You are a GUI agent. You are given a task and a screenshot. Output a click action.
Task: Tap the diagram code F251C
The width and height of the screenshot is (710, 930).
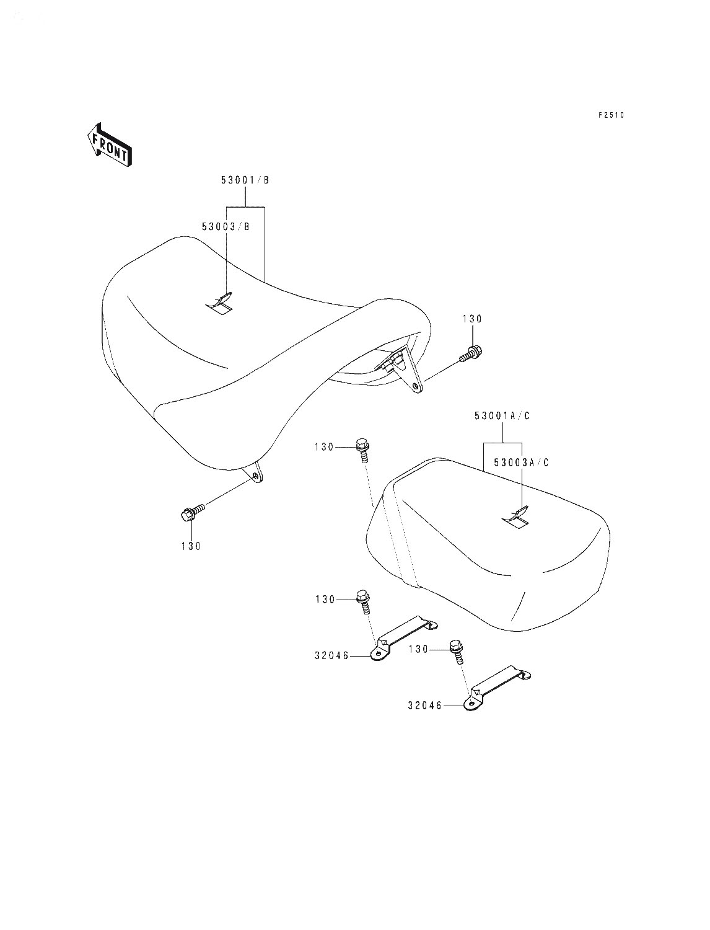coord(611,115)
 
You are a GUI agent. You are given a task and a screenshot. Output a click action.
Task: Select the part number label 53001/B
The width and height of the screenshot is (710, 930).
coord(245,180)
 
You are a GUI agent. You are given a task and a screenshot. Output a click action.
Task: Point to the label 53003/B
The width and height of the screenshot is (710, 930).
coord(226,227)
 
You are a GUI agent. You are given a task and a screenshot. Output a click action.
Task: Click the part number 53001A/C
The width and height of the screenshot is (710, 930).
coord(502,416)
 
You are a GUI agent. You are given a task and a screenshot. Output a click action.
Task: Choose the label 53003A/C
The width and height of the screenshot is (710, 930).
coord(521,463)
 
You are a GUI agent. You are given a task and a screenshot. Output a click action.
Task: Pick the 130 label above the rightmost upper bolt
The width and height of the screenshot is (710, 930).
coord(472,319)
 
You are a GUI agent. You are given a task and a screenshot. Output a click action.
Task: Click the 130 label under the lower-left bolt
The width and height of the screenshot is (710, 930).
coord(191,547)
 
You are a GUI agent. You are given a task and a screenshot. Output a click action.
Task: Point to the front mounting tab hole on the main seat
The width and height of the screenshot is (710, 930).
coord(255,476)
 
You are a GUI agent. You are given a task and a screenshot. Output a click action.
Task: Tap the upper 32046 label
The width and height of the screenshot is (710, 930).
coord(331,656)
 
